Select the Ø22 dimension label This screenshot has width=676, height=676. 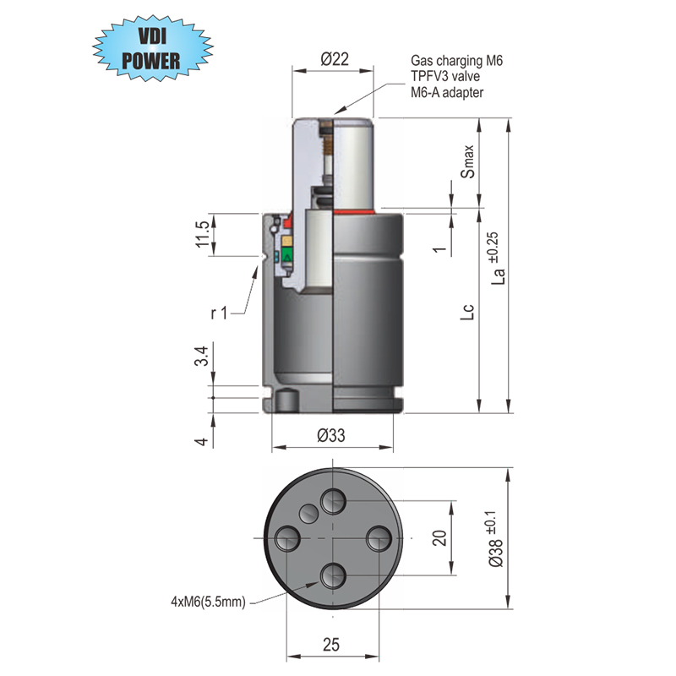(335, 58)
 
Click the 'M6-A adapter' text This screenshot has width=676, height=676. (447, 92)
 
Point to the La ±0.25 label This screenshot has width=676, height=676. (499, 261)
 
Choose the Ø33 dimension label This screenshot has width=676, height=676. (333, 436)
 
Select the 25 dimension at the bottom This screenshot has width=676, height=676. (331, 644)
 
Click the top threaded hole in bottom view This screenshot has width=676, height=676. (333, 501)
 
